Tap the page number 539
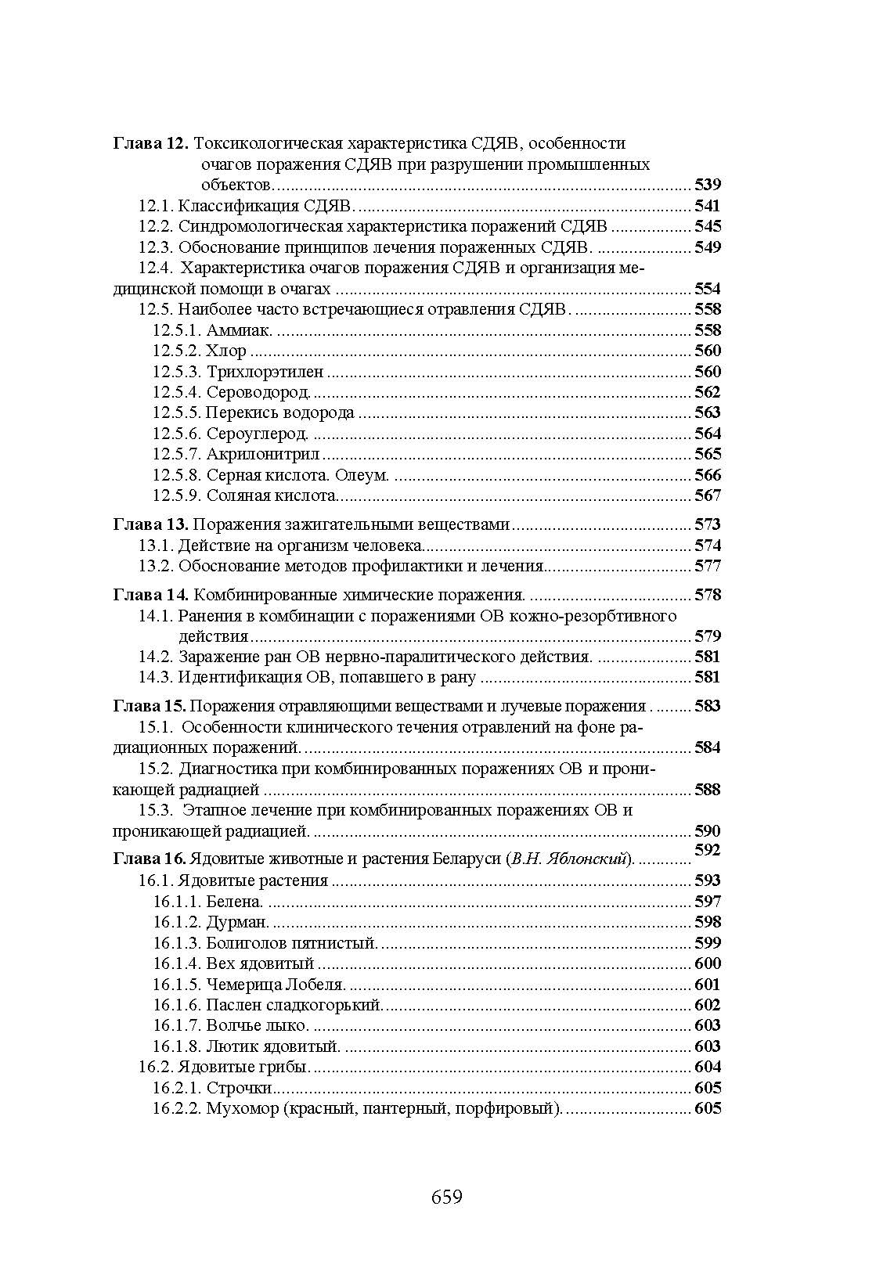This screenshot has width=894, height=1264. coord(707,185)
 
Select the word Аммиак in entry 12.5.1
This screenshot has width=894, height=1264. coord(239,330)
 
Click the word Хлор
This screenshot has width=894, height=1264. coord(226,351)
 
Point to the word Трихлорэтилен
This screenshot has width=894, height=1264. coord(265,372)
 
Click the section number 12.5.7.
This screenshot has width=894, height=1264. coord(177,454)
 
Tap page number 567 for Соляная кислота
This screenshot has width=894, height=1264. coord(707,495)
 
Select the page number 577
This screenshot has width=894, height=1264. coord(707,566)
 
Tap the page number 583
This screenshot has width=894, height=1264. coord(707,706)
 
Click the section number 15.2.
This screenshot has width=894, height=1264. coord(156,769)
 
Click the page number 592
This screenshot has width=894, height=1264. coord(707,850)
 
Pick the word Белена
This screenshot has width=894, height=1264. coord(233,902)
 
